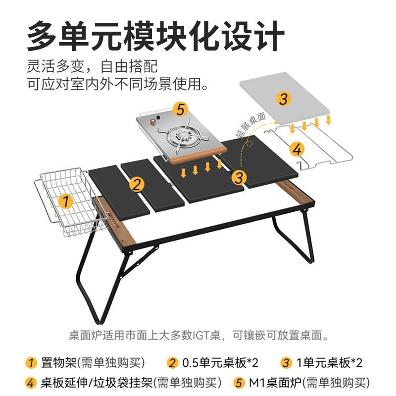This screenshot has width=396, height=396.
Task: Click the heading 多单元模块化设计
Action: (x=155, y=36)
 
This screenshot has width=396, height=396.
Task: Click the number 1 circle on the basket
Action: (x=65, y=201)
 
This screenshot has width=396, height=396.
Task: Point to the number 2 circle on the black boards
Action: (x=137, y=185)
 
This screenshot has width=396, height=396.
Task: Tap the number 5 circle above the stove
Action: (x=181, y=108)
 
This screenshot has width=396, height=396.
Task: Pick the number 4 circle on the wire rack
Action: (x=297, y=148)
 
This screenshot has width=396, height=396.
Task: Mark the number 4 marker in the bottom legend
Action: (x=31, y=383)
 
